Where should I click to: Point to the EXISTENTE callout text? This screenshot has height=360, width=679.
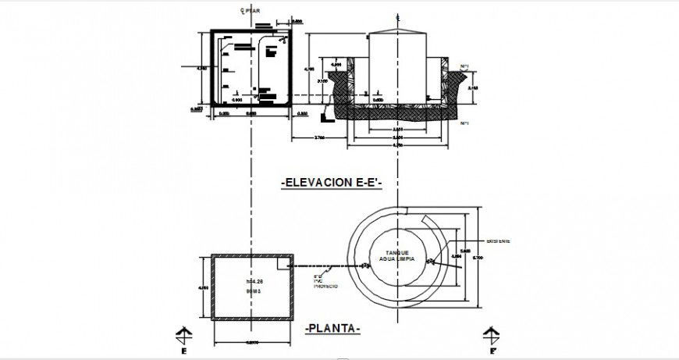(498, 242)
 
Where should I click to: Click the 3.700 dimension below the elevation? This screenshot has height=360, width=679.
(320, 137)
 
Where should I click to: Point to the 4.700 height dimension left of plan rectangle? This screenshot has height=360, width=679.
(204, 287)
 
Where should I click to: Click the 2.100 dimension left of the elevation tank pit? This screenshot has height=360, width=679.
(321, 80)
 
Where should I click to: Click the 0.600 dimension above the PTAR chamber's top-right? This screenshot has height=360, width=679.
(297, 22)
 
